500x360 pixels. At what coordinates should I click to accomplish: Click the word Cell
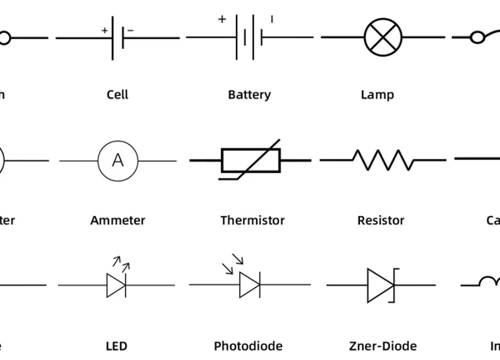[118, 94]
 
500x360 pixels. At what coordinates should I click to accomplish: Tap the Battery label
[249, 94]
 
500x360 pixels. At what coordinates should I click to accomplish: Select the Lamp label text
[377, 94]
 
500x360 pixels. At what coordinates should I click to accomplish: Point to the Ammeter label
[118, 220]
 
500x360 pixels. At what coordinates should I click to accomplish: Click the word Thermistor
[252, 220]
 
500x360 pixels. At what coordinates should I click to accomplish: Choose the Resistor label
[381, 220]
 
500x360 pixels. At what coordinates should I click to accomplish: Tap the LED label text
[117, 346]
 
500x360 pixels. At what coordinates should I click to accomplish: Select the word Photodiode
[248, 346]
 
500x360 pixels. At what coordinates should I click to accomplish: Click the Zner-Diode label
[382, 346]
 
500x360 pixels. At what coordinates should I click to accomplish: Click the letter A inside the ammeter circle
[118, 160]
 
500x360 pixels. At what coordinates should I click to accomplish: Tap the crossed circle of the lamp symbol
[383, 37]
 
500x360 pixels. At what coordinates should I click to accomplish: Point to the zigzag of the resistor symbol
[383, 159]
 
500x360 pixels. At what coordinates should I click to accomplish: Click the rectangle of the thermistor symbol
[251, 160]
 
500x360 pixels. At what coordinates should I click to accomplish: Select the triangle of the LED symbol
[116, 286]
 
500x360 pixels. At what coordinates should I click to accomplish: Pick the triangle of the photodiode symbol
[249, 286]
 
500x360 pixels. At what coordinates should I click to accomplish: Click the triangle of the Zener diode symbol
[380, 286]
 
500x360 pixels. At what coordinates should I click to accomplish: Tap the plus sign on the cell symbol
[105, 31]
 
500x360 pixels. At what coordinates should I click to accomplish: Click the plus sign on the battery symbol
[222, 18]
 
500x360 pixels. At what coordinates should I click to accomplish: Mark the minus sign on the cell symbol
[130, 31]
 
